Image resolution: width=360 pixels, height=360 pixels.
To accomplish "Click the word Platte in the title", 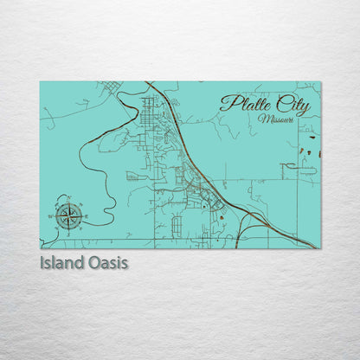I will click(x=244, y=104).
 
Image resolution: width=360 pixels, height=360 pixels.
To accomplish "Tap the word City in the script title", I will click(x=291, y=105).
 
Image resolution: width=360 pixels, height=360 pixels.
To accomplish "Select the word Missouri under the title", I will click(x=275, y=119).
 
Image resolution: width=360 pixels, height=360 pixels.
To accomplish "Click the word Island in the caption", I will click(x=61, y=261).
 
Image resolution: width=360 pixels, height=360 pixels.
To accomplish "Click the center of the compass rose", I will click(x=68, y=214).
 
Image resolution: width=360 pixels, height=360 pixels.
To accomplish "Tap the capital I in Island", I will click(x=42, y=261).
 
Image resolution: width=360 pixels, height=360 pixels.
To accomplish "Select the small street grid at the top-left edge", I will click(x=111, y=87).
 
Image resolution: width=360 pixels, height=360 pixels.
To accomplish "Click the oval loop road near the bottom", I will click(x=177, y=226).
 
